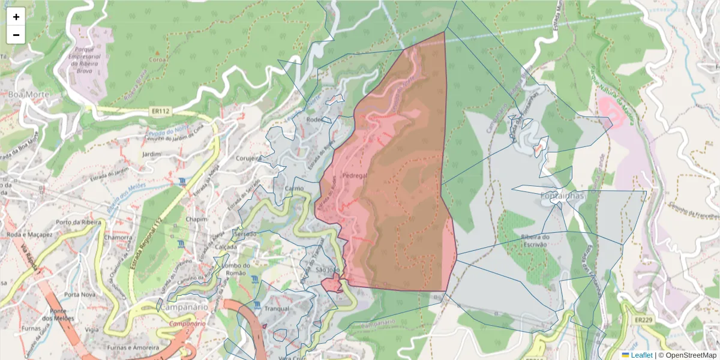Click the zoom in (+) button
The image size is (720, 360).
click(16, 17)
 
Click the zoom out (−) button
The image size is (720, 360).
click(16, 35)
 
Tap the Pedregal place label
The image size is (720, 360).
click(354, 176)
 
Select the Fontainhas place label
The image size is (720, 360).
click(562, 196)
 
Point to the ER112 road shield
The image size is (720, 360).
click(158, 112)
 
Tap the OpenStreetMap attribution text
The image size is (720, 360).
click(687, 355)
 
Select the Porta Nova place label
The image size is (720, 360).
click(80, 295)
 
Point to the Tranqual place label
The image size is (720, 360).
click(277, 308)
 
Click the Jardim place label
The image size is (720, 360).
click(152, 154)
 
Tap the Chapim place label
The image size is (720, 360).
click(196, 219)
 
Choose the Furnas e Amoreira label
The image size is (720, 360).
click(131, 347)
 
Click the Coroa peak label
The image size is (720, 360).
click(157, 59)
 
